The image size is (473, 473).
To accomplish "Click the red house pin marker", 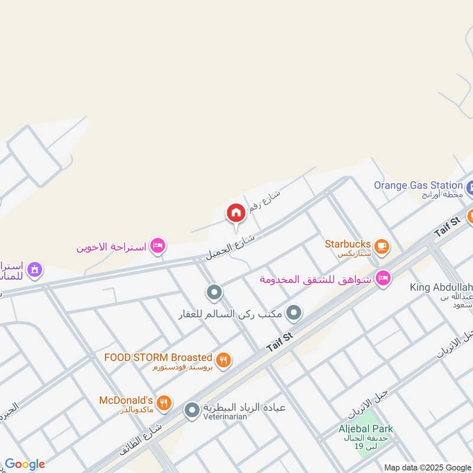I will [x=235, y=213].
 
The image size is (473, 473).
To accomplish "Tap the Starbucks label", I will [x=348, y=244].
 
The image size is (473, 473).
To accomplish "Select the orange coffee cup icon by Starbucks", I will [x=381, y=246].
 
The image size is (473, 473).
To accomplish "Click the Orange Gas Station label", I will [x=418, y=185].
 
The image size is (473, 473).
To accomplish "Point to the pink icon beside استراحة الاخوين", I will [x=157, y=245].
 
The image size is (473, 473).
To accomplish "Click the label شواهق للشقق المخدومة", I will [x=315, y=279].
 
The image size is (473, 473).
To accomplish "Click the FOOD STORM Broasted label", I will [x=158, y=357].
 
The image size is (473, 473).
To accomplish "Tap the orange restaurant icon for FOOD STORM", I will [x=223, y=359].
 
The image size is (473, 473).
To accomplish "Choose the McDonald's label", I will [x=127, y=400].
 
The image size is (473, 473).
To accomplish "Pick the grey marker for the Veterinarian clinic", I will [x=192, y=409].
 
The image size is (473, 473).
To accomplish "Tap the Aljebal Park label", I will [x=366, y=429].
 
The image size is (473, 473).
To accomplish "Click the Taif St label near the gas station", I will [x=447, y=227].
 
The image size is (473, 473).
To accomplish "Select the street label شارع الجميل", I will [x=230, y=248].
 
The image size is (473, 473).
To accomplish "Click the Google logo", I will [x=25, y=464].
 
